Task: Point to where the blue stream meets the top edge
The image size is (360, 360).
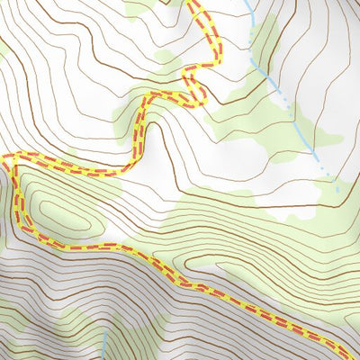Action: pos(247,2)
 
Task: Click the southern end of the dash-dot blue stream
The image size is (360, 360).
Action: pos(338,190)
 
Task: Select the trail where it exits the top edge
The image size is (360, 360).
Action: pos(193,3)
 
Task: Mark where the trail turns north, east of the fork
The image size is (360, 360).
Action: pos(135,157)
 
